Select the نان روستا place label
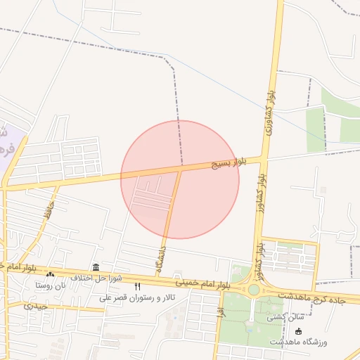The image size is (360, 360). (51, 285)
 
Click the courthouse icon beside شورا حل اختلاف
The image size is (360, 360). (96, 266)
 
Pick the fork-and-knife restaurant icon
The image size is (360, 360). (137, 287)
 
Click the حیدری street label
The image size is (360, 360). (36, 306)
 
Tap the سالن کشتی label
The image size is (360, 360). (283, 317)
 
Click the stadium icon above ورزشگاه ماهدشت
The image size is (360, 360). (299, 331)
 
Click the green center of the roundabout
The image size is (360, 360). (253, 290)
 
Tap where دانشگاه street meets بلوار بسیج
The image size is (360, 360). (181, 169)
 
